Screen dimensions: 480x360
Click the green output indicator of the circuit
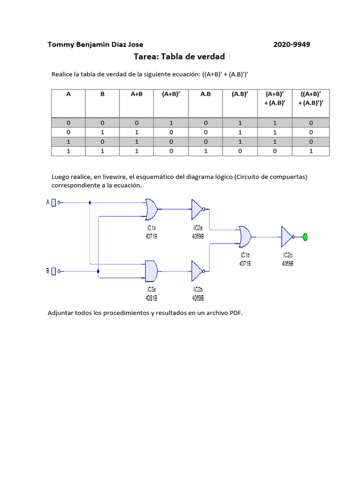point(305,237)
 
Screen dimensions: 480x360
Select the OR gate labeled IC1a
point(151,209)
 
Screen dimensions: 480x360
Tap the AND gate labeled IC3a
point(151,271)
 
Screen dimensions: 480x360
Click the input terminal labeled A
point(53,202)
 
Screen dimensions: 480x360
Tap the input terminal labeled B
point(53,271)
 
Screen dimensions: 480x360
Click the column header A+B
point(136,94)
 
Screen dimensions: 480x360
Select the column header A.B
point(206,94)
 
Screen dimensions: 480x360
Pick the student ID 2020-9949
point(292,45)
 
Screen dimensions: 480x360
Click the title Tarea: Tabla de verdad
point(179,57)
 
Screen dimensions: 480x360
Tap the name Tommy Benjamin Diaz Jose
point(96,45)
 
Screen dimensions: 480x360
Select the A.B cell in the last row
point(206,151)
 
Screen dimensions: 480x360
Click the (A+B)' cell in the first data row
point(171,123)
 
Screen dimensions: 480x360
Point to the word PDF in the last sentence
point(235,313)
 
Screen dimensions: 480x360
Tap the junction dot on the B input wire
point(98,271)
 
